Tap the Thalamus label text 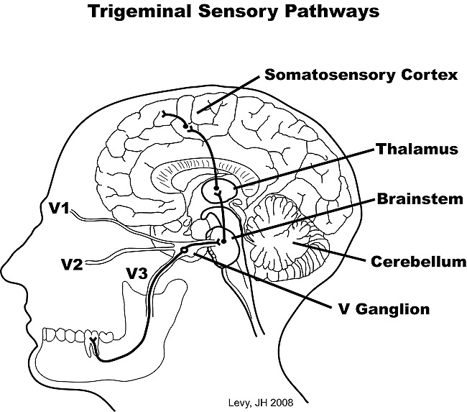[x=417, y=150]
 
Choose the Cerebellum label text [x=418, y=261]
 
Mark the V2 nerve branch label [x=72, y=264]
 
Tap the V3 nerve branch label [x=137, y=273]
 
